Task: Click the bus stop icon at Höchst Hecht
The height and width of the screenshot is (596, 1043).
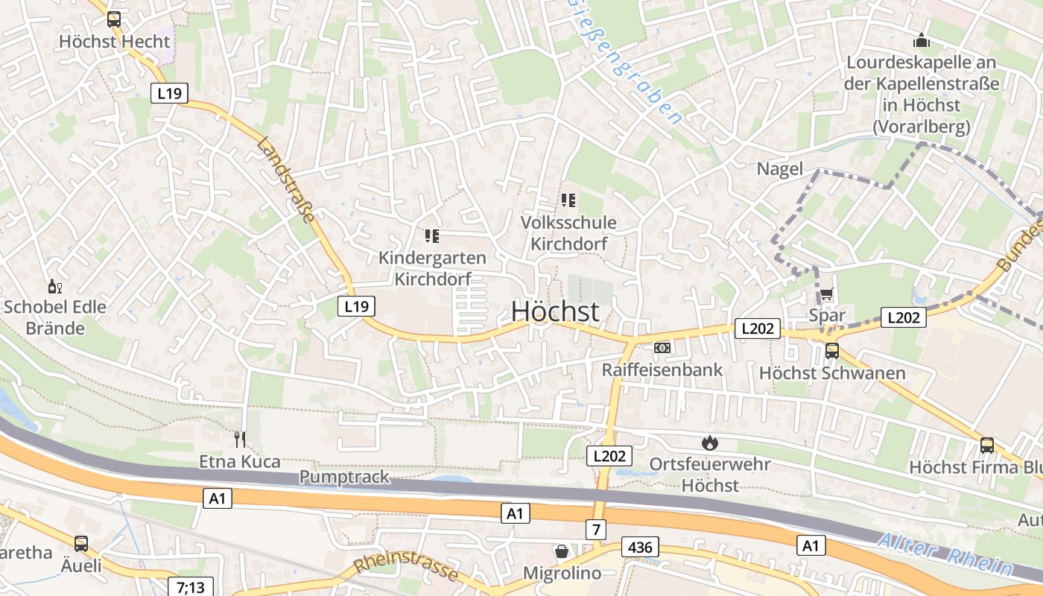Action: pyautogui.click(x=114, y=19)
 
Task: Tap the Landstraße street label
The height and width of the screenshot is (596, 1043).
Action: pyautogui.click(x=286, y=180)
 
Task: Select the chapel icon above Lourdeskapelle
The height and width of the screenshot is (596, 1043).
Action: pyautogui.click(x=922, y=40)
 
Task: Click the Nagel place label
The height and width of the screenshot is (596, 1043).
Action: pyautogui.click(x=780, y=169)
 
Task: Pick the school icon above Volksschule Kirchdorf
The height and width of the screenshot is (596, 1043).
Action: pyautogui.click(x=569, y=200)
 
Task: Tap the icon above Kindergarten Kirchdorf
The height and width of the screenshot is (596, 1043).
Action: pyautogui.click(x=432, y=236)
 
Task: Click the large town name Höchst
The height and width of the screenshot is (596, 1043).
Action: pyautogui.click(x=555, y=311)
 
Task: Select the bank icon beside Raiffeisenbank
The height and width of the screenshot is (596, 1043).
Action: pyautogui.click(x=662, y=348)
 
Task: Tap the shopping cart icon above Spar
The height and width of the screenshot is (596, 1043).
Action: pyautogui.click(x=827, y=294)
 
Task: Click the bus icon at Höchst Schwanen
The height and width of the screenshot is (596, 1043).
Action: pyautogui.click(x=832, y=351)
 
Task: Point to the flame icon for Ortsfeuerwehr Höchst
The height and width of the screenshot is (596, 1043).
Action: pyautogui.click(x=709, y=443)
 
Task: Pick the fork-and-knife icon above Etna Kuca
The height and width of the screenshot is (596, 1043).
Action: pyautogui.click(x=240, y=439)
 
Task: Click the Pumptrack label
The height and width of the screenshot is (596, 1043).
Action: pyautogui.click(x=344, y=477)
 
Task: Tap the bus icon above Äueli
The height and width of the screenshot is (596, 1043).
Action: pyautogui.click(x=81, y=544)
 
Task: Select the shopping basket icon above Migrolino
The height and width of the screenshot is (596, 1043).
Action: pyautogui.click(x=562, y=551)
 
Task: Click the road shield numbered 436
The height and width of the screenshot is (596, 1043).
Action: pyautogui.click(x=640, y=548)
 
